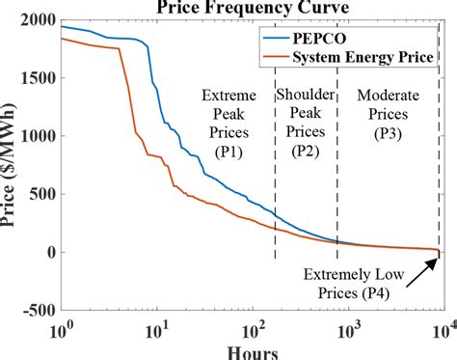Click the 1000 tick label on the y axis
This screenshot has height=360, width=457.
pos(38,136)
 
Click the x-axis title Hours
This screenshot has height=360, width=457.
pos(250,350)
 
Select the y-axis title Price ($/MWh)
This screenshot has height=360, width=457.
pos(13,164)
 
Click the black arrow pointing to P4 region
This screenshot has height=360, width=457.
pos(424,267)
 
